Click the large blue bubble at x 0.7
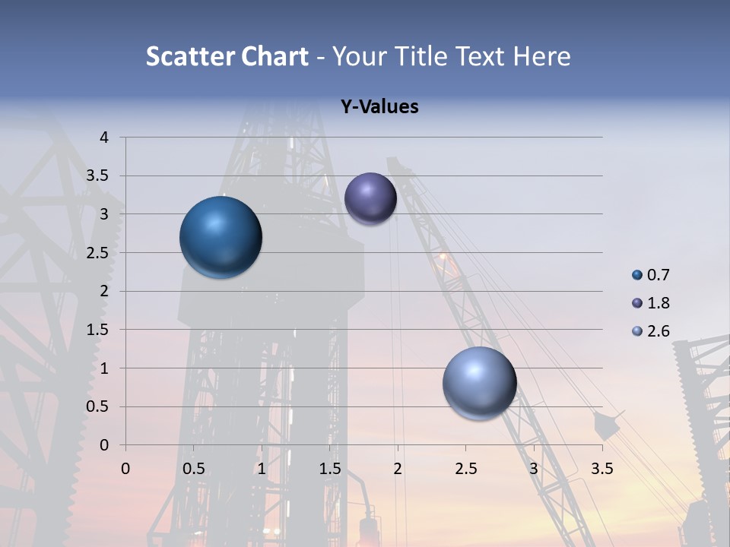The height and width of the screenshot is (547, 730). click(x=221, y=237)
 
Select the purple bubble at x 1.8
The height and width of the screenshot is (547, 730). click(x=370, y=198)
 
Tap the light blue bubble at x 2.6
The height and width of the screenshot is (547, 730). click(x=479, y=383)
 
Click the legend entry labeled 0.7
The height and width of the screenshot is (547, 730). click(x=659, y=275)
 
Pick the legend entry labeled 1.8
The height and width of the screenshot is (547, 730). click(x=659, y=303)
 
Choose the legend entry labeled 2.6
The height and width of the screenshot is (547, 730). click(x=659, y=331)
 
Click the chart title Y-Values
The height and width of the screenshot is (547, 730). click(x=379, y=107)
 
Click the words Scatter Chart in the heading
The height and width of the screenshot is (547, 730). click(x=227, y=56)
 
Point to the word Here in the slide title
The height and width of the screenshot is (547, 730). click(x=541, y=56)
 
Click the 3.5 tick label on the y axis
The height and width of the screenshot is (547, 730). click(x=97, y=176)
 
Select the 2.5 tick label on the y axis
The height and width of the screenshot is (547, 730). click(x=97, y=253)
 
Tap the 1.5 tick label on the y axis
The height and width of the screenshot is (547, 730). click(x=97, y=330)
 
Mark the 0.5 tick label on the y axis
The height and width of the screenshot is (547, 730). click(x=97, y=406)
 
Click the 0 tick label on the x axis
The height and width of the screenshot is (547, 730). click(x=125, y=469)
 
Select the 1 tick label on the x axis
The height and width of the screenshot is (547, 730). click(x=262, y=469)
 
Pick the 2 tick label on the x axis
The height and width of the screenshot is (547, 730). click(x=398, y=469)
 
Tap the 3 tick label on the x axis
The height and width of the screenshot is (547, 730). click(x=534, y=469)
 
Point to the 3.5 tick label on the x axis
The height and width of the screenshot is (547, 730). click(x=601, y=469)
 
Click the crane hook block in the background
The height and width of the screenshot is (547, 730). click(x=606, y=425)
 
